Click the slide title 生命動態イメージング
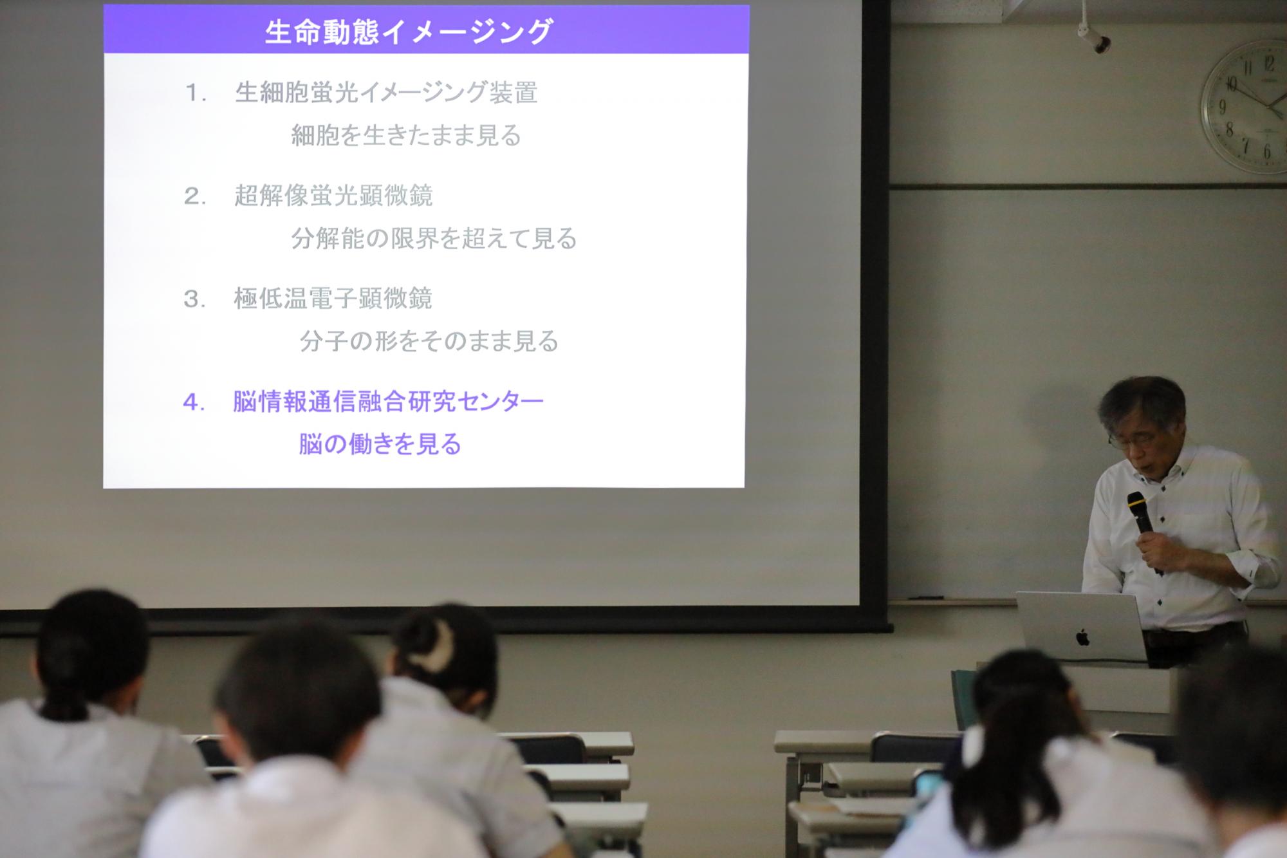point(409,32)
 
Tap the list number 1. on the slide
point(196,93)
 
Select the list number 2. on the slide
point(195,196)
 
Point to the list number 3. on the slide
point(194,299)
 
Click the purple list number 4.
point(194,402)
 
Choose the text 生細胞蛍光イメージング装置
point(386,93)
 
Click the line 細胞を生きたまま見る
point(406,135)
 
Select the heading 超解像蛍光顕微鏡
point(333,196)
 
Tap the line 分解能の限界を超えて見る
point(434,238)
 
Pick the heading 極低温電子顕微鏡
point(333,299)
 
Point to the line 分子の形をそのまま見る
point(429,341)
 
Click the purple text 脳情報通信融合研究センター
point(388,402)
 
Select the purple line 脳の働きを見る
point(380,444)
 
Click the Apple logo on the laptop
point(1083,637)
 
